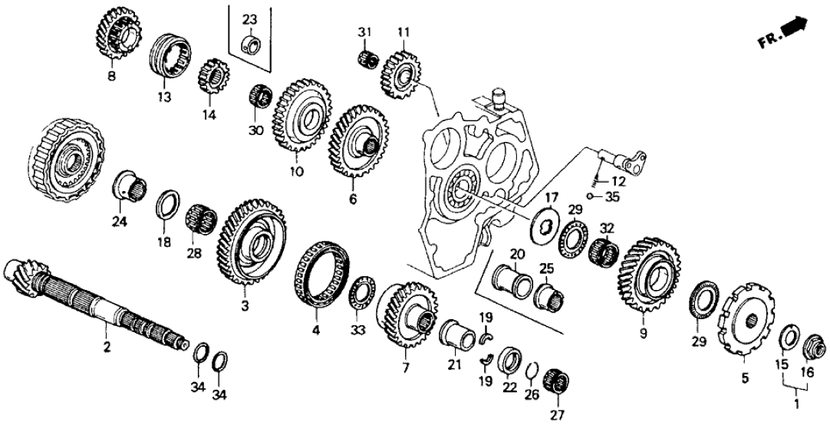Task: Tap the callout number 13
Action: click(x=164, y=97)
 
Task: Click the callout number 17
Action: click(x=552, y=196)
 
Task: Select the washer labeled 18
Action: click(x=167, y=206)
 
